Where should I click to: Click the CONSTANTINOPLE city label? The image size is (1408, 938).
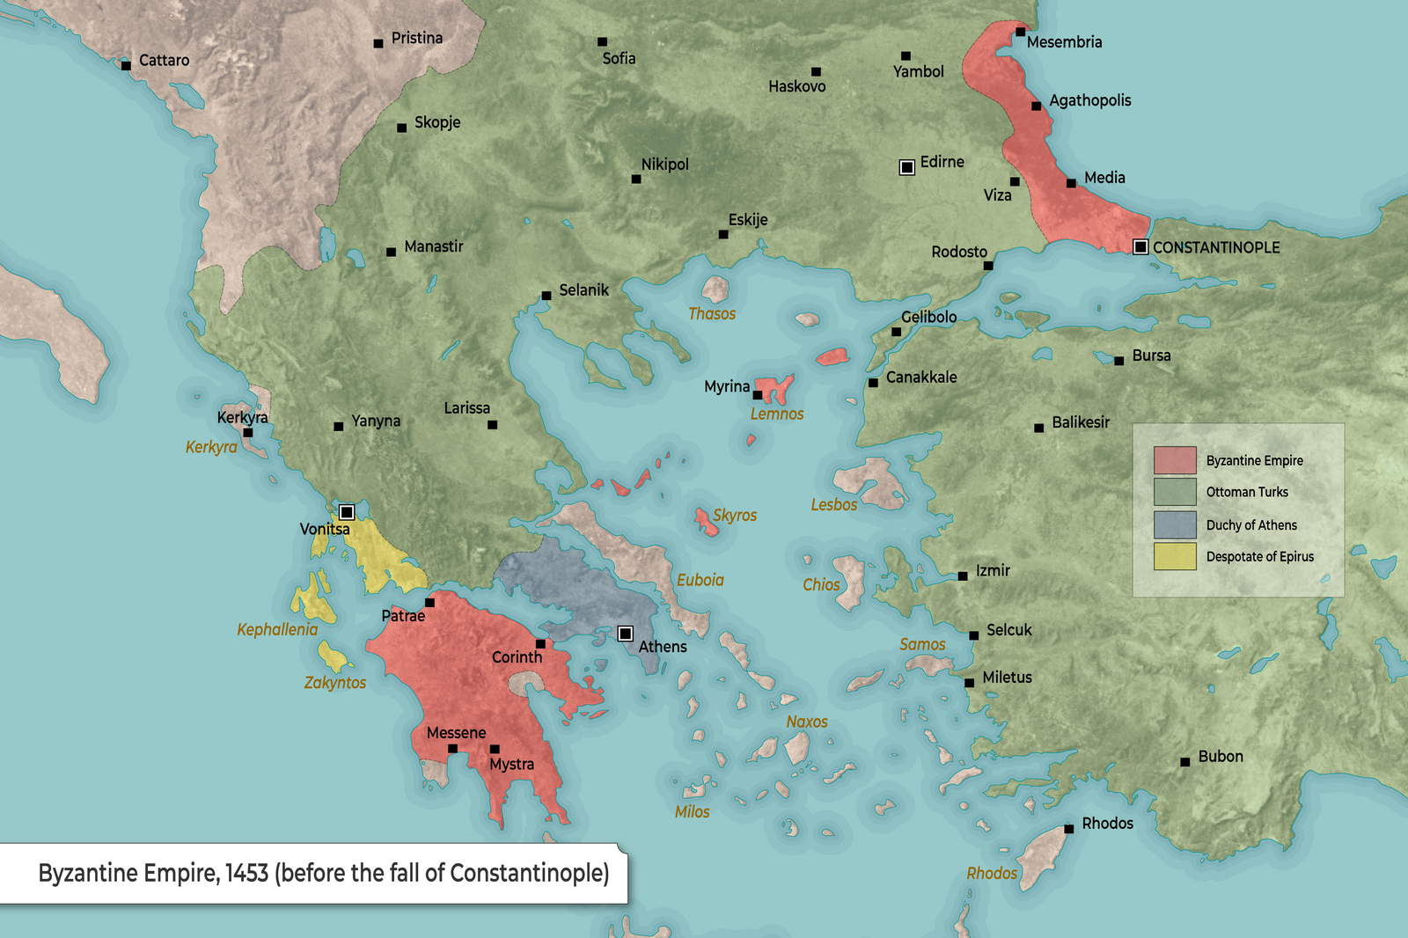coord(1216,247)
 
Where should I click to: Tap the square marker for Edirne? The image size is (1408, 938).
coord(907,167)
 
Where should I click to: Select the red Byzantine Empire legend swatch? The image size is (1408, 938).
coord(1175,460)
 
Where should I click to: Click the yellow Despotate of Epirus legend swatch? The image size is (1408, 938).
coord(1175,556)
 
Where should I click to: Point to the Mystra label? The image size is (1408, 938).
coord(511,765)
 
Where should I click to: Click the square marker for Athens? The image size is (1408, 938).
coord(626,634)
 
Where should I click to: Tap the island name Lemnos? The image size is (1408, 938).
coord(777,414)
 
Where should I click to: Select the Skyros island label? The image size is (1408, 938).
coord(735,515)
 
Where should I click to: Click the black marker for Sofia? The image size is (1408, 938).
coord(602,41)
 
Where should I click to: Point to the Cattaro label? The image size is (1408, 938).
coord(164,60)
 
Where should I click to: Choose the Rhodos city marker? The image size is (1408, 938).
coord(1068,828)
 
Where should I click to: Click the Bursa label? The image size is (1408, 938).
coord(1151,355)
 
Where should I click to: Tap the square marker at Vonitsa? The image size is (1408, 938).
coord(347,512)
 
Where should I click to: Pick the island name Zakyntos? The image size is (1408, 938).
coord(335,682)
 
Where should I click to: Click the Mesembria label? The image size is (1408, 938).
coord(1064,41)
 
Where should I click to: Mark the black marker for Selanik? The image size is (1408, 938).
coord(546,296)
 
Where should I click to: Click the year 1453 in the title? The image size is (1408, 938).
coord(246,873)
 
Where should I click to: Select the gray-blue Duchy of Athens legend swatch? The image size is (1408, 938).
coord(1175,524)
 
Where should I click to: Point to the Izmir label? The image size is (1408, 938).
coord(993,570)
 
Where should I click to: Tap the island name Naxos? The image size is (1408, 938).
coord(807,722)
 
